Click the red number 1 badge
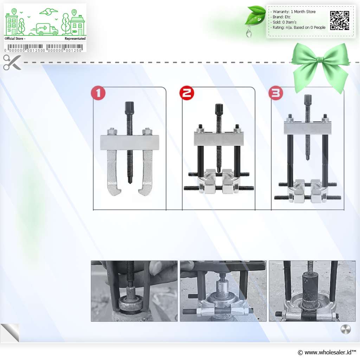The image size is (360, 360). [x=98, y=93]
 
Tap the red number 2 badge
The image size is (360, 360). [x=187, y=93]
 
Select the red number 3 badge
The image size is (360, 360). [x=276, y=93]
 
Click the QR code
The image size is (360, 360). [x=340, y=20]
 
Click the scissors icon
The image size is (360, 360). [x=12, y=63]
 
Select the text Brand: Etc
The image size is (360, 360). [x=282, y=17]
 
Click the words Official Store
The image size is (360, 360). [x=14, y=39]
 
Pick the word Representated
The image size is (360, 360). [x=75, y=39]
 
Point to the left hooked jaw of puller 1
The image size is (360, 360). [x=112, y=172]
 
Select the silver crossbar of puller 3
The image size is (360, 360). [x=308, y=128]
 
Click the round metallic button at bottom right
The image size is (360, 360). [x=346, y=329]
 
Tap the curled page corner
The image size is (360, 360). [x=10, y=333]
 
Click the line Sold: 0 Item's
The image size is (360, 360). [x=284, y=22]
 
